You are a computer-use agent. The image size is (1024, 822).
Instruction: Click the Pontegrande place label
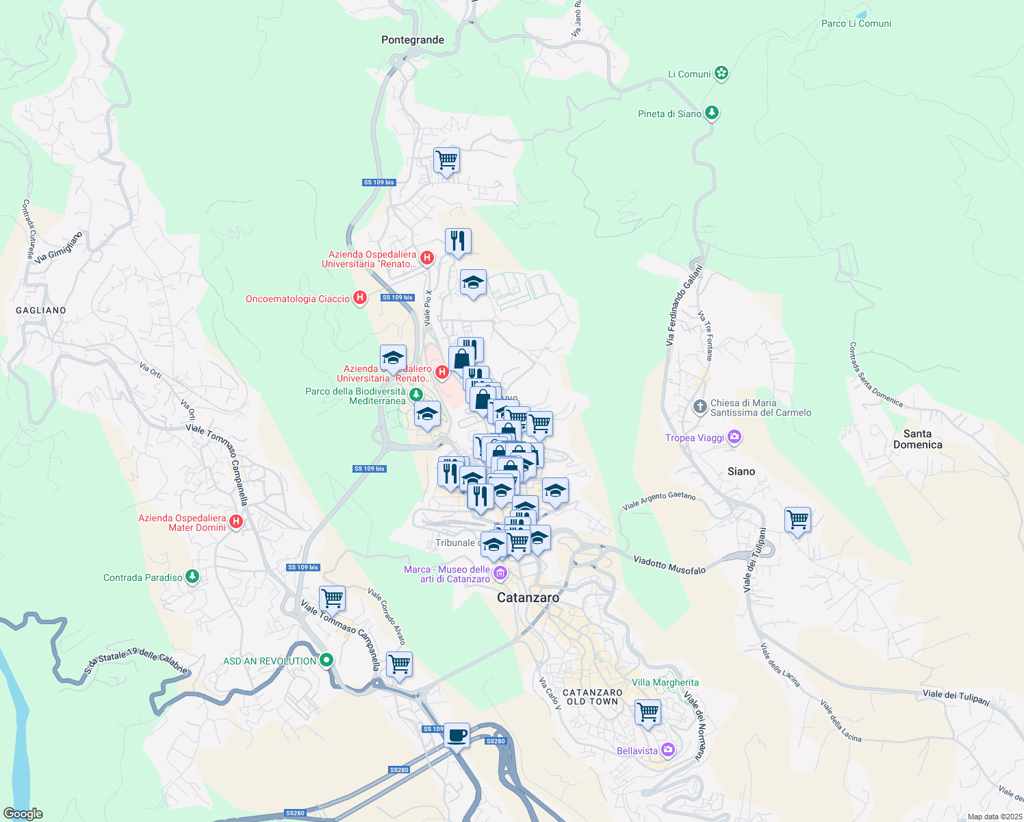pyautogui.click(x=412, y=40)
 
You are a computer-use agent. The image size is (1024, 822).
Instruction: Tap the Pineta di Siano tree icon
pyautogui.click(x=712, y=113)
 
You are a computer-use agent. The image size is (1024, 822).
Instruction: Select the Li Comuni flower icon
pyautogui.click(x=721, y=73)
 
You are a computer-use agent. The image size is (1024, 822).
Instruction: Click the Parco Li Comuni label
pyautogui.click(x=856, y=23)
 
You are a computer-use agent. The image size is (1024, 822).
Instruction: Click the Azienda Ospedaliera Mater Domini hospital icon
pyautogui.click(x=236, y=522)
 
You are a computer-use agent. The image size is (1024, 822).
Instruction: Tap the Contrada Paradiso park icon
pyautogui.click(x=192, y=577)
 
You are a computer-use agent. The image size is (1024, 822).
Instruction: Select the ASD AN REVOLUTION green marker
pyautogui.click(x=327, y=660)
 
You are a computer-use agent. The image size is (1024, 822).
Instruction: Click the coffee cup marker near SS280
pyautogui.click(x=457, y=736)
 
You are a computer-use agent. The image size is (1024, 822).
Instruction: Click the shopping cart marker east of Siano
pyautogui.click(x=797, y=520)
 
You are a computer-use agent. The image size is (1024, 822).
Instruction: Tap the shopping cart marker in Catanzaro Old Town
pyautogui.click(x=647, y=712)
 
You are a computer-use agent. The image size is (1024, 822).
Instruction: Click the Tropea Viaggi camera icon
pyautogui.click(x=734, y=437)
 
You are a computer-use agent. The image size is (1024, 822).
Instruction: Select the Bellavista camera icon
pyautogui.click(x=667, y=750)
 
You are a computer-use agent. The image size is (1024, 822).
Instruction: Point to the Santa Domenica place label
pyautogui.click(x=917, y=439)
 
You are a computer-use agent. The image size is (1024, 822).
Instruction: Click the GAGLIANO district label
pyautogui.click(x=41, y=310)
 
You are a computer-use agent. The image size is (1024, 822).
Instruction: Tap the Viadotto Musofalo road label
pyautogui.click(x=669, y=565)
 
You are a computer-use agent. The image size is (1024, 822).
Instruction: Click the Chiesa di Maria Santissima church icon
pyautogui.click(x=700, y=407)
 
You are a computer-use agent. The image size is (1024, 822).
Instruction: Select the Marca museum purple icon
pyautogui.click(x=500, y=573)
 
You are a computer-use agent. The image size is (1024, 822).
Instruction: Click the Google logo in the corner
pyautogui.click(x=23, y=813)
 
